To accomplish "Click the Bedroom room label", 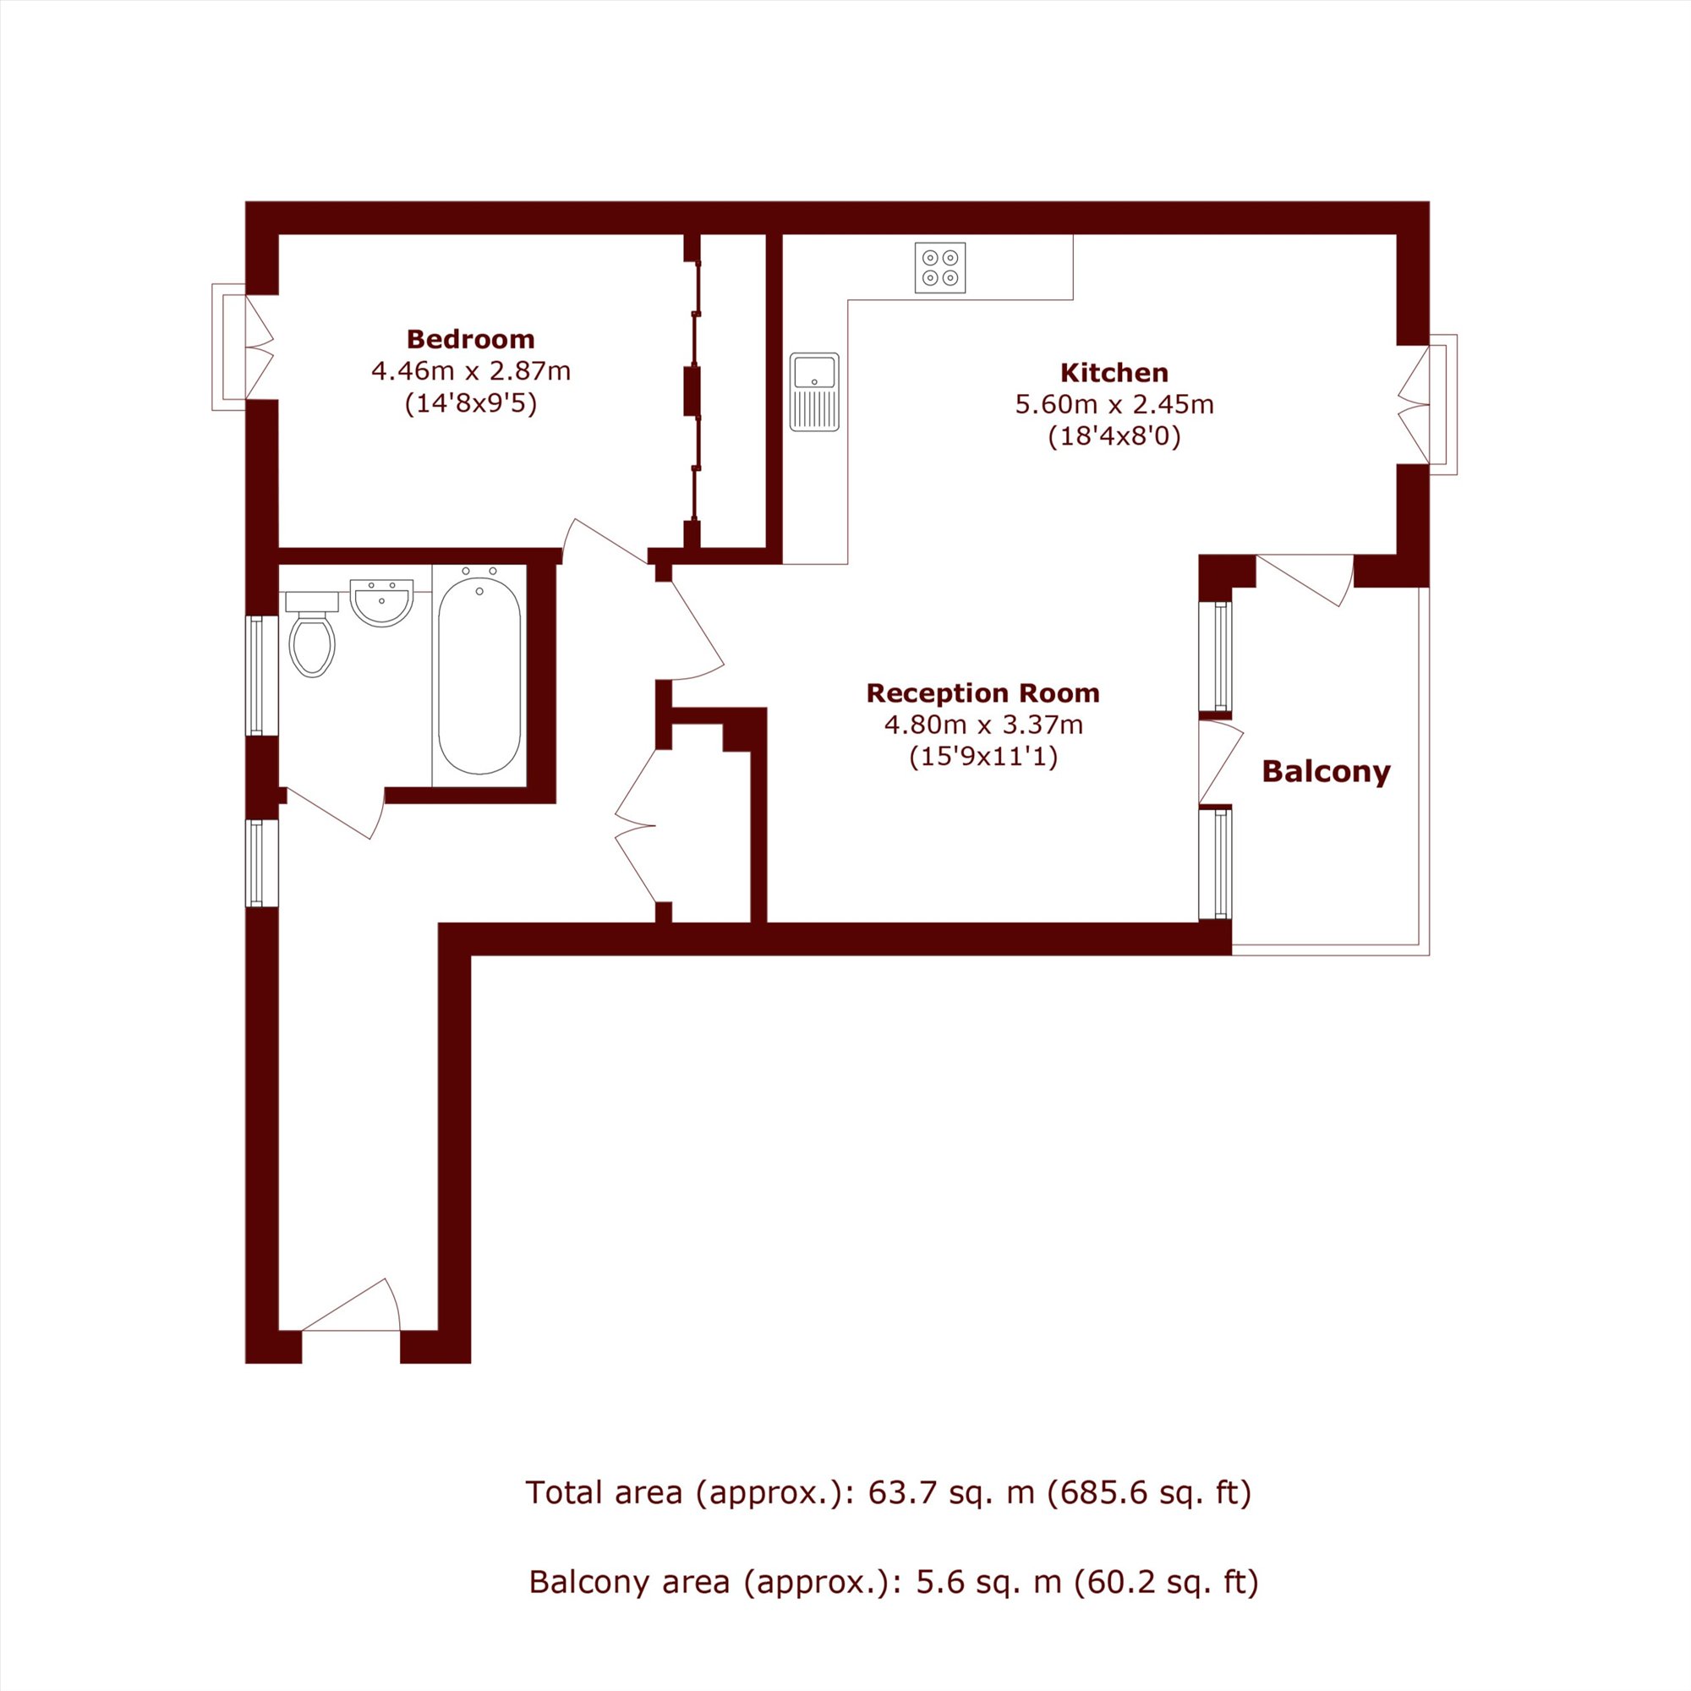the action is coord(471,339).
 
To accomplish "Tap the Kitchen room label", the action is coord(1114,373).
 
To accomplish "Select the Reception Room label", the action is coord(983,693).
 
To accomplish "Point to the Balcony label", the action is coord(1326,772).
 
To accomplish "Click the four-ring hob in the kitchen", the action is coord(940,267).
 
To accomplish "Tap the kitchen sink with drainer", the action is coord(814,392).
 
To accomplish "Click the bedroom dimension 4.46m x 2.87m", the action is coord(471,371).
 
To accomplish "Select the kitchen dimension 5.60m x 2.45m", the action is coord(1114,404).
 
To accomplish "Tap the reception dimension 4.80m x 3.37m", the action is coord(983,725).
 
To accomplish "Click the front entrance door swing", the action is coord(351,1306).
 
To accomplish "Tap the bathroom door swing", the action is coord(335,813).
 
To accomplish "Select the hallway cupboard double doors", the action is coord(636,825).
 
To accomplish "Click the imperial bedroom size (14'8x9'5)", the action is coord(471,403).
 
